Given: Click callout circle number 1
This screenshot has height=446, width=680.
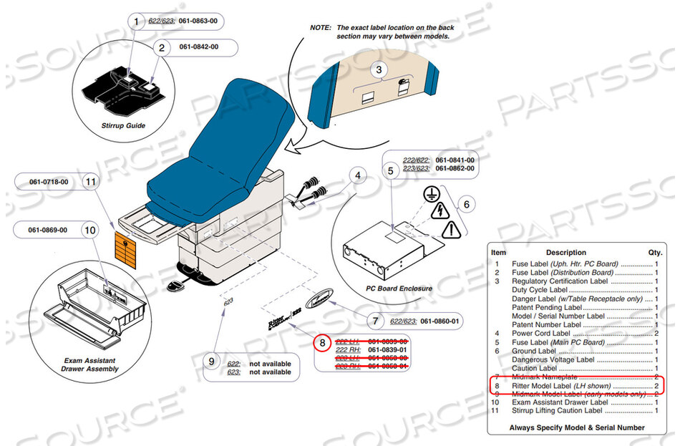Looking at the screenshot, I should [x=135, y=21].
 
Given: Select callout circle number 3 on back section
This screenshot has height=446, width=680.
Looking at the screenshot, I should [x=380, y=69].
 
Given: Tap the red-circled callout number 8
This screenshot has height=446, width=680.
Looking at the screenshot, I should [x=323, y=343].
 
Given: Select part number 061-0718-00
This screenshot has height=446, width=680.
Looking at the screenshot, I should [x=49, y=182].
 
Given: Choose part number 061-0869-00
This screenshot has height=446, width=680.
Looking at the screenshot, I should [x=49, y=231].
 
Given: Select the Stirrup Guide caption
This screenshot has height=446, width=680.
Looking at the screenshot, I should [x=124, y=125].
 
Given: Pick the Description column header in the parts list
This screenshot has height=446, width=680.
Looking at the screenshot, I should [x=565, y=253].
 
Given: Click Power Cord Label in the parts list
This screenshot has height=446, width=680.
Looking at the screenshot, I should [x=541, y=333].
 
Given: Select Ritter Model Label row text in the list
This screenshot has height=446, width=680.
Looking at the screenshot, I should [x=561, y=386].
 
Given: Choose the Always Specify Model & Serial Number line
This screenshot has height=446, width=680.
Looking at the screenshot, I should [x=576, y=427].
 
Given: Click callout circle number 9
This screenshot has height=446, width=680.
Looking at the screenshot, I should [x=211, y=362].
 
